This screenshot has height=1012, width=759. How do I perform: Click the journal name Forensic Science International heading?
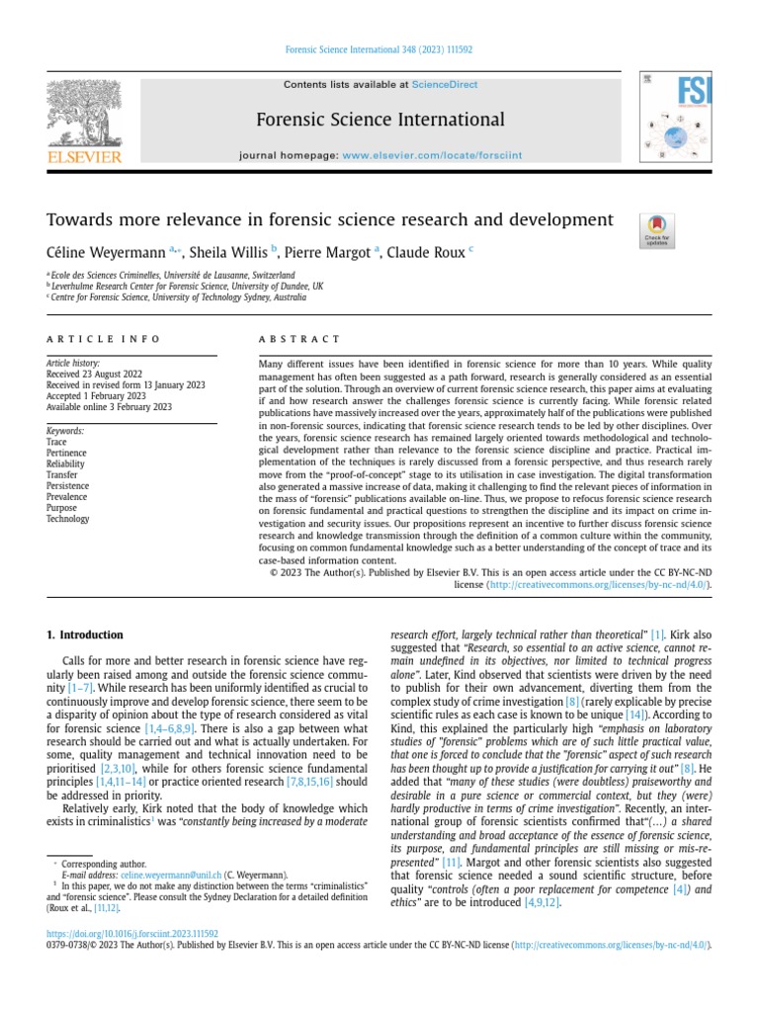[380, 121]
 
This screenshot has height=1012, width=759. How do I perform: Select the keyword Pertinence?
[68, 454]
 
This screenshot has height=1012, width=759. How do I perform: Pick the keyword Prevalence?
[69, 497]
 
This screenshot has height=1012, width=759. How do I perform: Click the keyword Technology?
[68, 519]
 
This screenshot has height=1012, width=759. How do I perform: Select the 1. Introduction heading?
[86, 634]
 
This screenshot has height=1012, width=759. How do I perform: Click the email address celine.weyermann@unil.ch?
[165, 876]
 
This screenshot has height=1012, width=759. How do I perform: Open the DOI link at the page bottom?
[132, 933]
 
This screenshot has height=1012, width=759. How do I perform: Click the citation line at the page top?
[379, 48]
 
